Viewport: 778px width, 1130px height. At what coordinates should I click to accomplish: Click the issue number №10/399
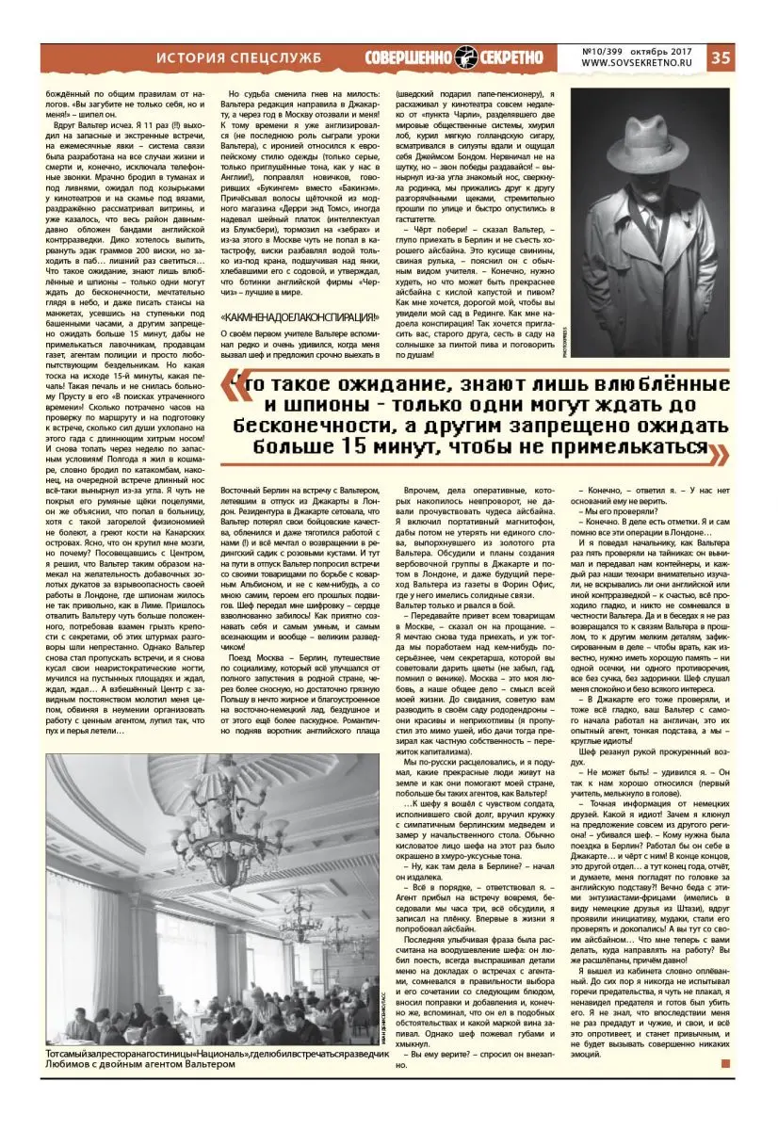(x=608, y=51)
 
